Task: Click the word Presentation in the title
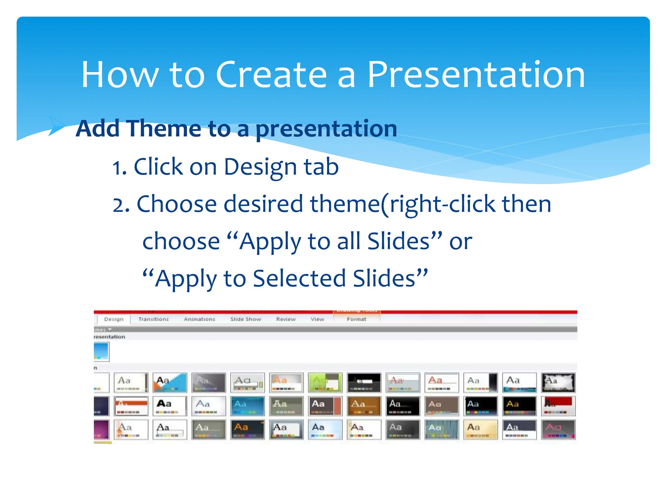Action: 476,75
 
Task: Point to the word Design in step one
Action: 260,167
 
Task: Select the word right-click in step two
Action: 442,204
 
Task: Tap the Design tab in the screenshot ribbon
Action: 114,319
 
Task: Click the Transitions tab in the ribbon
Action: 153,319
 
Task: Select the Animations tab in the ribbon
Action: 199,319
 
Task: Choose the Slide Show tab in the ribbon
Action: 246,319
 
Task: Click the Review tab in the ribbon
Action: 286,319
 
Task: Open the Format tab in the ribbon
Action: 356,319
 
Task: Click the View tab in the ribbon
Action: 317,319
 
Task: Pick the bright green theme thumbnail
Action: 325,383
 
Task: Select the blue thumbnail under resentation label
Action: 101,352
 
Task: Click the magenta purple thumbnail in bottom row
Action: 101,429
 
